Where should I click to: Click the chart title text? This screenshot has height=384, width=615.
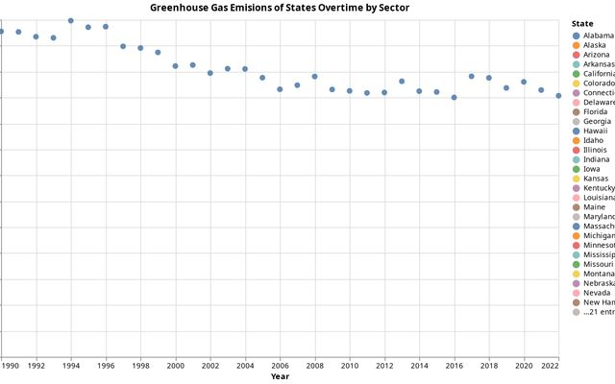pos(280,8)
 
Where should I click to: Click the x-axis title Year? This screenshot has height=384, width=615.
pos(280,376)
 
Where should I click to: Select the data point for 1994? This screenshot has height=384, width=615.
pos(71,20)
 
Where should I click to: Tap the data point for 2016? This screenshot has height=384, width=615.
pos(455,97)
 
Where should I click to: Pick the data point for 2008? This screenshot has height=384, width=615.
pos(314,77)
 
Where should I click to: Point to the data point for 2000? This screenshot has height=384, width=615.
pos(176,66)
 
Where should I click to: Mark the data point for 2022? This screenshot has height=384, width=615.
pos(558,96)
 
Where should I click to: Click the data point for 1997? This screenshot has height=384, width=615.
pos(123,46)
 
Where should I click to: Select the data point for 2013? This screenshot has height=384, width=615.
pos(402,82)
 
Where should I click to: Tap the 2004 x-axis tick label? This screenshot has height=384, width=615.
pos(245,366)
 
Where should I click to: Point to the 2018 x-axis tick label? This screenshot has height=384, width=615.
pos(489,366)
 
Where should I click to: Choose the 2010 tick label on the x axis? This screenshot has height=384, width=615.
pos(350,366)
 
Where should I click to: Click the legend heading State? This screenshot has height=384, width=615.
pos(581,22)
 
